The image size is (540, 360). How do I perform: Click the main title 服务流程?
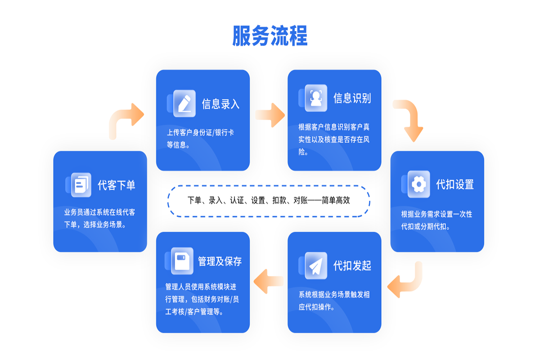(270, 36)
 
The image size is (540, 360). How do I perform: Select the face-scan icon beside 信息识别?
(316, 98)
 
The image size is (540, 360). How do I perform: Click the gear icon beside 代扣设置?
(418, 184)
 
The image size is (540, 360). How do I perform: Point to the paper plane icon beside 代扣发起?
(316, 265)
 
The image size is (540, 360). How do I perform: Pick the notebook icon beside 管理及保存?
(182, 261)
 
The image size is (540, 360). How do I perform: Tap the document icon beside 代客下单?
(81, 184)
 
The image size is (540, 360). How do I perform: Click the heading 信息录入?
(220, 104)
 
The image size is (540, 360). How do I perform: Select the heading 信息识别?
(352, 98)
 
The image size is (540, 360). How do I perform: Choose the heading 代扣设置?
(455, 184)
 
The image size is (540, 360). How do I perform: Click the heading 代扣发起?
(352, 265)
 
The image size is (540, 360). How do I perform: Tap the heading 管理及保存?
(220, 261)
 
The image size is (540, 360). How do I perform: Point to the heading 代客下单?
(117, 185)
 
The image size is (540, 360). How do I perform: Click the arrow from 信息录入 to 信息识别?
(270, 115)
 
